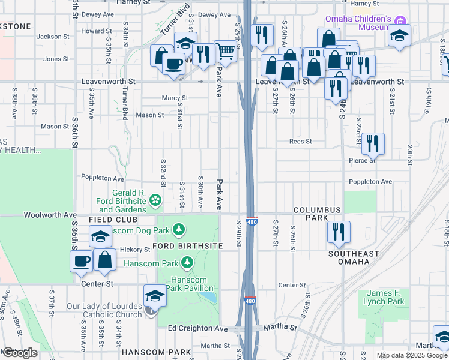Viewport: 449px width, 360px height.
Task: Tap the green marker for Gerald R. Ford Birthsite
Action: tap(155, 199)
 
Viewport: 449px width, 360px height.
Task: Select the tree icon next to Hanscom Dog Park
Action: tap(178, 229)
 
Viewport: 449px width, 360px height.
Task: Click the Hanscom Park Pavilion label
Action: tap(188, 284)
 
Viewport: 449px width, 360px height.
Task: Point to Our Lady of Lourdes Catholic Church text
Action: tap(104, 310)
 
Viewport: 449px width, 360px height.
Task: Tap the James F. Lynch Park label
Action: tap(384, 297)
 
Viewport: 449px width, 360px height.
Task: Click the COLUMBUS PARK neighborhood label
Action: tap(317, 214)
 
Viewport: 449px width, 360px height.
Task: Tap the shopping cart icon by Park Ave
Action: tap(225, 52)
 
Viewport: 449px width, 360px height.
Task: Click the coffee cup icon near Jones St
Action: tap(173, 63)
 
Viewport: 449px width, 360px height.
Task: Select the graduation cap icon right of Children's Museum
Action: tap(399, 35)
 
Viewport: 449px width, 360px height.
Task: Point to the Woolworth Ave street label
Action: tap(50, 214)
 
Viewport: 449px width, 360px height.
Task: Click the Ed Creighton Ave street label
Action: tap(198, 328)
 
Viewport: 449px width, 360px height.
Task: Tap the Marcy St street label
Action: tap(175, 98)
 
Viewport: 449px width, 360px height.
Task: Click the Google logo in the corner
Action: tap(19, 353)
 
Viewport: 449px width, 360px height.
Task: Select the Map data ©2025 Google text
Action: tap(411, 355)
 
